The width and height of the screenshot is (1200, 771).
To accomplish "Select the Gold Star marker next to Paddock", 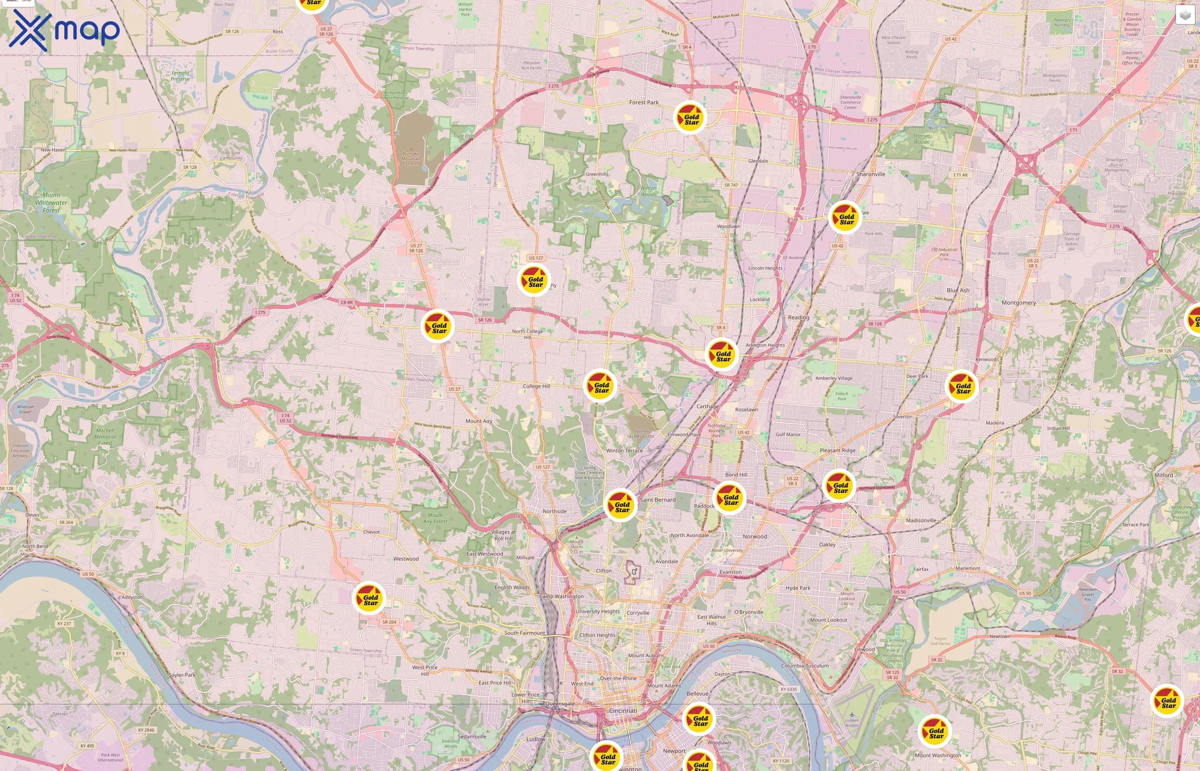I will [730, 498].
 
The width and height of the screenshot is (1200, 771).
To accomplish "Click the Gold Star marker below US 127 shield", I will [534, 281].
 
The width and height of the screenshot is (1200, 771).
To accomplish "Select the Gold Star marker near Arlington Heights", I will [722, 355].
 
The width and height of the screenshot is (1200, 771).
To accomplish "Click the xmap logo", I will [64, 30].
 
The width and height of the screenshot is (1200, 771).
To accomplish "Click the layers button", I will [1185, 15].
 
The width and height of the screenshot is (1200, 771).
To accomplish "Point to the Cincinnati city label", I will [623, 711].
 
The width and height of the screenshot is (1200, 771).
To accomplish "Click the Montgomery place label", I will [1019, 302].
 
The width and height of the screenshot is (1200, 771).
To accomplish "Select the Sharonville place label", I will [870, 174].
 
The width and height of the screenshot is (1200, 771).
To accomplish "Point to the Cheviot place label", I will [371, 532].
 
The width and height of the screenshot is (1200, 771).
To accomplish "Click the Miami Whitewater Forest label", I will [51, 202].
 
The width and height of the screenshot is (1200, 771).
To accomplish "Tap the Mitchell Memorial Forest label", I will [105, 436].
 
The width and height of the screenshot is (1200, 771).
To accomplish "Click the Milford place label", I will [1164, 475].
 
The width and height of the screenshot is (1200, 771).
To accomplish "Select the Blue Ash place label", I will [957, 290].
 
